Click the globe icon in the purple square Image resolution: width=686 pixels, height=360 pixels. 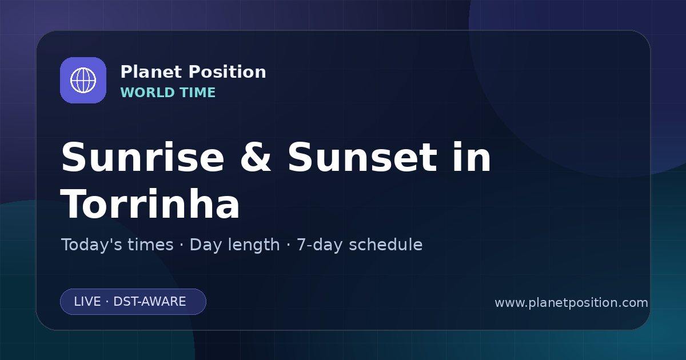(x=83, y=80)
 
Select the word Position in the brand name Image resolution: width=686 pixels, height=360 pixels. (x=228, y=72)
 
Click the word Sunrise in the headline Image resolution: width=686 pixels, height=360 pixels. (x=143, y=157)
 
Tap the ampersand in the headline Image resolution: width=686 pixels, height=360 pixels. (x=256, y=157)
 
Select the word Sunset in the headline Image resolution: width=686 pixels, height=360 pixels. (x=362, y=157)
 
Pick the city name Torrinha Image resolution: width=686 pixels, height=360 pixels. (x=150, y=204)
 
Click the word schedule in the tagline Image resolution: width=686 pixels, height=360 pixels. (x=386, y=245)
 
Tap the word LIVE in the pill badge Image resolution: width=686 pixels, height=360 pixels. (x=87, y=302)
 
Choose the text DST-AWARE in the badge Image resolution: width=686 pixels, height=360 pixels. (x=150, y=302)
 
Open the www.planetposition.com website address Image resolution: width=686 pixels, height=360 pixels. (x=572, y=303)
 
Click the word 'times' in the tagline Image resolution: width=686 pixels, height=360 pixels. (x=150, y=245)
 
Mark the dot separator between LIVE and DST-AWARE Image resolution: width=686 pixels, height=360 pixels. (x=107, y=302)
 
